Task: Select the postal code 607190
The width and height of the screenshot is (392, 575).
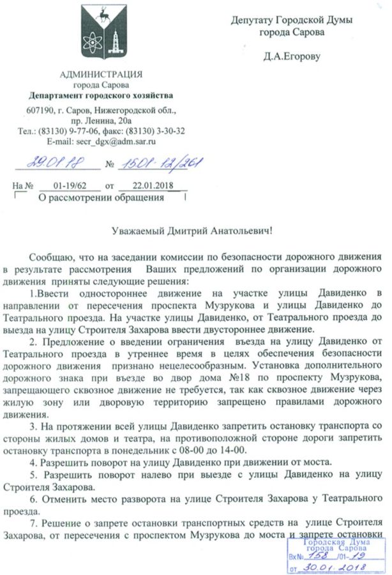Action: coord(40,110)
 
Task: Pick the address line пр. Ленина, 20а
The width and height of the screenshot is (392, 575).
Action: coord(101,120)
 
